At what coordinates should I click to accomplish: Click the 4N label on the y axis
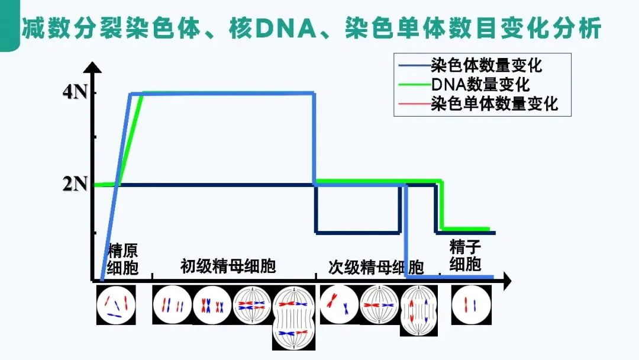(x=75, y=93)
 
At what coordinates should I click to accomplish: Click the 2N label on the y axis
(x=75, y=184)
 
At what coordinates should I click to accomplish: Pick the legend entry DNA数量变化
(x=480, y=85)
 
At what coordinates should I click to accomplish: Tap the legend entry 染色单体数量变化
(x=495, y=104)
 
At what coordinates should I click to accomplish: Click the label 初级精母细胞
(x=228, y=266)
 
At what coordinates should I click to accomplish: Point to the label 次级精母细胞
(x=376, y=267)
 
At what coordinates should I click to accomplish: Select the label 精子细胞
(x=465, y=255)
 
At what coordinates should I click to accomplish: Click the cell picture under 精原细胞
(x=116, y=304)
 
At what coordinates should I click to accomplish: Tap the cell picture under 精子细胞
(x=471, y=304)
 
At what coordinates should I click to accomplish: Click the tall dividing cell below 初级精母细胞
(x=294, y=319)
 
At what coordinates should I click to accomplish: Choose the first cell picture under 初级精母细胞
(x=172, y=305)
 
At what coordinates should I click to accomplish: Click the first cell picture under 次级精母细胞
(x=339, y=304)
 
